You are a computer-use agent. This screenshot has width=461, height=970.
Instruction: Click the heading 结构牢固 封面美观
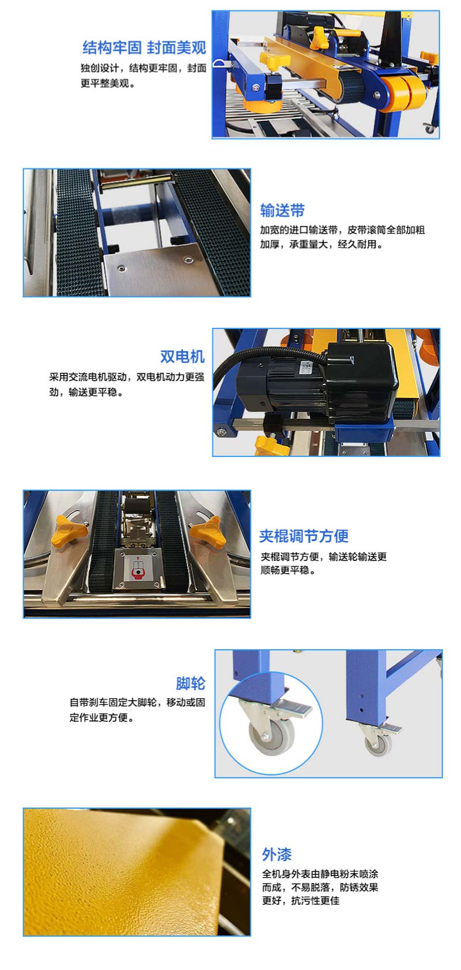click(144, 48)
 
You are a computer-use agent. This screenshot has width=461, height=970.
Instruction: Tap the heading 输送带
click(282, 211)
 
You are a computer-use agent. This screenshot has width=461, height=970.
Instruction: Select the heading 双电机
click(182, 357)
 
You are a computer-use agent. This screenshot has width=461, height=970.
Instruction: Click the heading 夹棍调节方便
click(304, 536)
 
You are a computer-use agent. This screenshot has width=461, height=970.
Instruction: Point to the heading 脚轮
click(190, 683)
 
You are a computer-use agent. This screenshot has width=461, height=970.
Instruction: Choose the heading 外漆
click(277, 855)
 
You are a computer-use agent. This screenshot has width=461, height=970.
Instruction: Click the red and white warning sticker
click(138, 568)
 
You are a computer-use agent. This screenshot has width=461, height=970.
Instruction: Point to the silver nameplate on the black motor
click(307, 368)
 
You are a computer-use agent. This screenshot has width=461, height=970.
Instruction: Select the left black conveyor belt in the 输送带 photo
click(78, 233)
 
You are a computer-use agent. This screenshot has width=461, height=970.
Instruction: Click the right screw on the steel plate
click(188, 260)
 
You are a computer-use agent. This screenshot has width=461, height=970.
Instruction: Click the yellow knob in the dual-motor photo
click(271, 446)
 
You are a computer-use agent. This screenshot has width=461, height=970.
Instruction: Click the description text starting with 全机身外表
click(320, 887)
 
